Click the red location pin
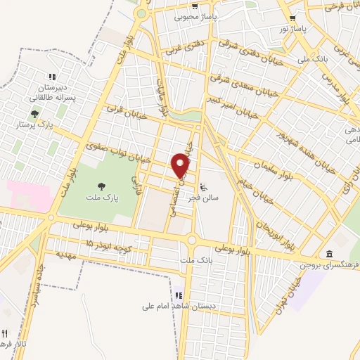point(181,165)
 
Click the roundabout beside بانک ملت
point(191,241)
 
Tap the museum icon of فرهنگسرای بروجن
point(329,253)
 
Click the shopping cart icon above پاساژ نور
point(292,19)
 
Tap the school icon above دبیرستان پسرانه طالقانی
point(51,77)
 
